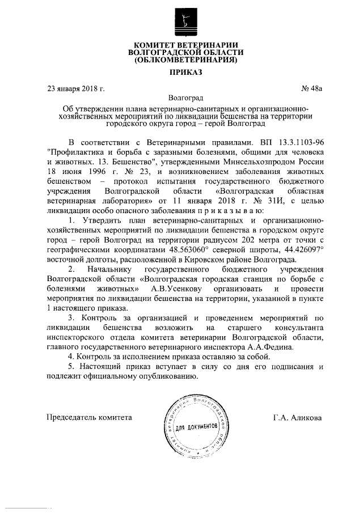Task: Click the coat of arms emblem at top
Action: click(x=182, y=22)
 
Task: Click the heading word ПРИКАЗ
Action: click(x=181, y=72)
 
